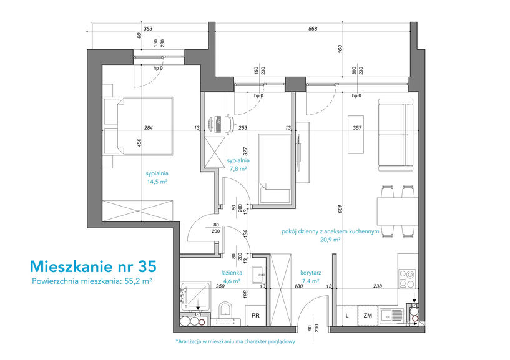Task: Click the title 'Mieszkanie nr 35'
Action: coord(93,266)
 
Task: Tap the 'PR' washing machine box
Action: coord(256,315)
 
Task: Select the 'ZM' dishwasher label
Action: coord(368,316)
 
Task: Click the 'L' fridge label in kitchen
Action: coord(347,316)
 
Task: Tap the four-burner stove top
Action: coord(408,279)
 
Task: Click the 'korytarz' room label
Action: coord(311,273)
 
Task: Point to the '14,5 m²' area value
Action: coord(157,182)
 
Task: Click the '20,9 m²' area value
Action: coord(330,240)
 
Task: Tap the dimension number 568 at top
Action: coord(313,29)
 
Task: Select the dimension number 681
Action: coord(340,209)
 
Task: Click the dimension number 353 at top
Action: coord(148,29)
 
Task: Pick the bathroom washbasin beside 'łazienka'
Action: coord(259,275)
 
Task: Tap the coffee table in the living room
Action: coord(356,134)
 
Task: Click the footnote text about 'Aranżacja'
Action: coord(235,341)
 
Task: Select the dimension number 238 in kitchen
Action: coord(378,286)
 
